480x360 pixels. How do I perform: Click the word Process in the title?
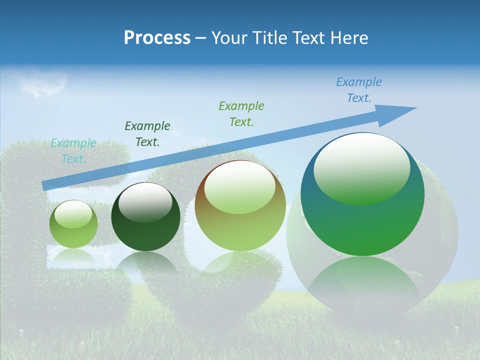(157, 38)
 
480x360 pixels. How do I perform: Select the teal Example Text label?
(73, 151)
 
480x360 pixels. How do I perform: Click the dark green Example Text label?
(147, 134)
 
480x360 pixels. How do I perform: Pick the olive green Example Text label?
(241, 114)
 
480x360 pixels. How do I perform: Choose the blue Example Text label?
(359, 90)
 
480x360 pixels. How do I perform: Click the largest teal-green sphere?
(362, 225)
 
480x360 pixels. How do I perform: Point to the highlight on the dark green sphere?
(145, 202)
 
